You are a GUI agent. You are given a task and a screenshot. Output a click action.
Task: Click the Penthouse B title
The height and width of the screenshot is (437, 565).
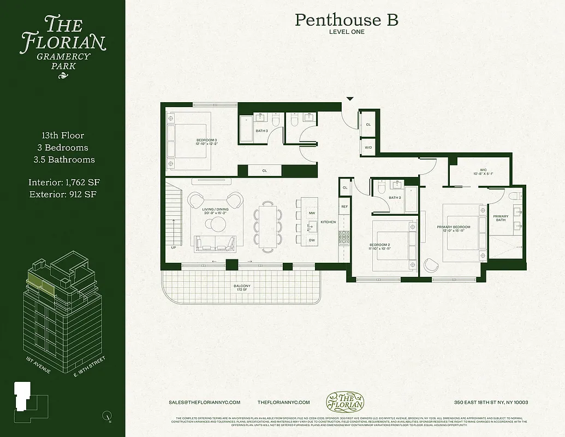click(x=346, y=20)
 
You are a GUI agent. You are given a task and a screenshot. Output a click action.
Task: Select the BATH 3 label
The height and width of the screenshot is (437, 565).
click(x=261, y=131)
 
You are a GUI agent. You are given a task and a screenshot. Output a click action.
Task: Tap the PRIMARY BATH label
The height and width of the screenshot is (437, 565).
click(x=501, y=218)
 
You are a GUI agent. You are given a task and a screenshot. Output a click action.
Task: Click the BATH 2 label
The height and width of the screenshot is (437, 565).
click(x=395, y=198)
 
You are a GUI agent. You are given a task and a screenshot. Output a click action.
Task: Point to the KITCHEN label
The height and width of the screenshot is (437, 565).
click(x=328, y=222)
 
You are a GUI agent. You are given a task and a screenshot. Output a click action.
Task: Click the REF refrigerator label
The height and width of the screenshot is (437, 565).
click(x=344, y=206)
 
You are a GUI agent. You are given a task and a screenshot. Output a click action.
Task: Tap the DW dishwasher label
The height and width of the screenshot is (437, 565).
click(x=312, y=240)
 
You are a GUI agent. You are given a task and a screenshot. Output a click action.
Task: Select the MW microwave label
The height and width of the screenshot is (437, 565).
click(x=312, y=212)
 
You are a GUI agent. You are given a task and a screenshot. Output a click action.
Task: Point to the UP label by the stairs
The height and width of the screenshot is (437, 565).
click(x=174, y=247)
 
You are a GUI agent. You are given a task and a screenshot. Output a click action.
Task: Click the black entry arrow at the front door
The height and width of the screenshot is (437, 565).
click(x=350, y=99)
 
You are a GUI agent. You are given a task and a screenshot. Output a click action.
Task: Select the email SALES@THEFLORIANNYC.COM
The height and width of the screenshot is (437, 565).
click(x=205, y=402)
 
